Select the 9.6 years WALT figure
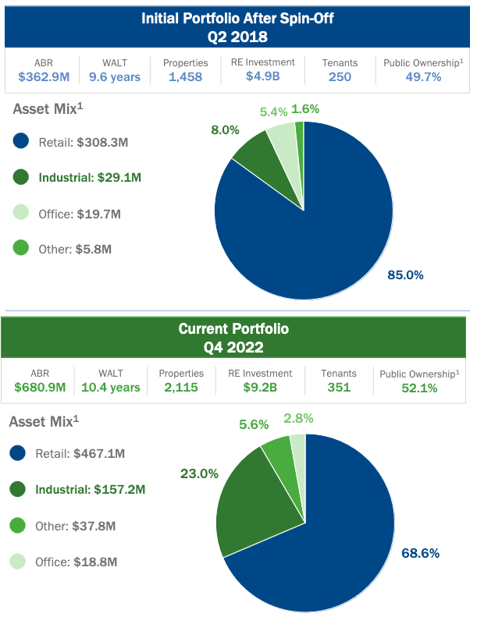click(114, 76)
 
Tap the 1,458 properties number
click(185, 76)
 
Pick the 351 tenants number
click(339, 387)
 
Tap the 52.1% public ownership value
click(419, 388)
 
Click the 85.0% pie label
click(405, 275)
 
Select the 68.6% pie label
click(421, 553)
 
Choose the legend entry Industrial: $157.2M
click(90, 490)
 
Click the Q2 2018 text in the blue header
click(237, 36)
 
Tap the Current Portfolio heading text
click(233, 328)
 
